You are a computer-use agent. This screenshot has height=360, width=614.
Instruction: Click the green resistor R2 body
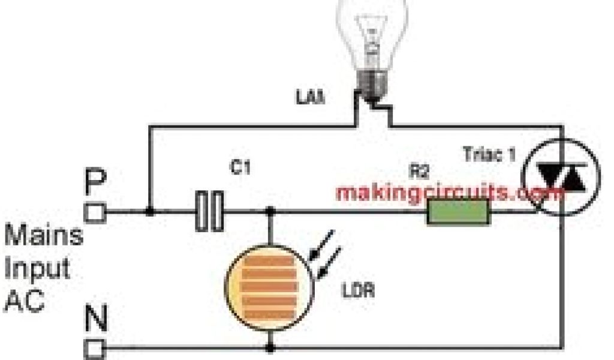(458, 213)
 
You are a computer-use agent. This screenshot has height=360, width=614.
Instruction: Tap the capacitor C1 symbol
(209, 211)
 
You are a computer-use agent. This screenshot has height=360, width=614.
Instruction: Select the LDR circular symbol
(270, 280)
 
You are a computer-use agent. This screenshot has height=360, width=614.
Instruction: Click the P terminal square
(95, 211)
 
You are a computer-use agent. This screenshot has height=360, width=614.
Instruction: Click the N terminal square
(95, 347)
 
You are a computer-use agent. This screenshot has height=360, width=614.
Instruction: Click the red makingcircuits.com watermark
(450, 193)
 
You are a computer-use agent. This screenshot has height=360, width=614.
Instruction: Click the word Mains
(43, 235)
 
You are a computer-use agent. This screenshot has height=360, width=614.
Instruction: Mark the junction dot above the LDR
(270, 211)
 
